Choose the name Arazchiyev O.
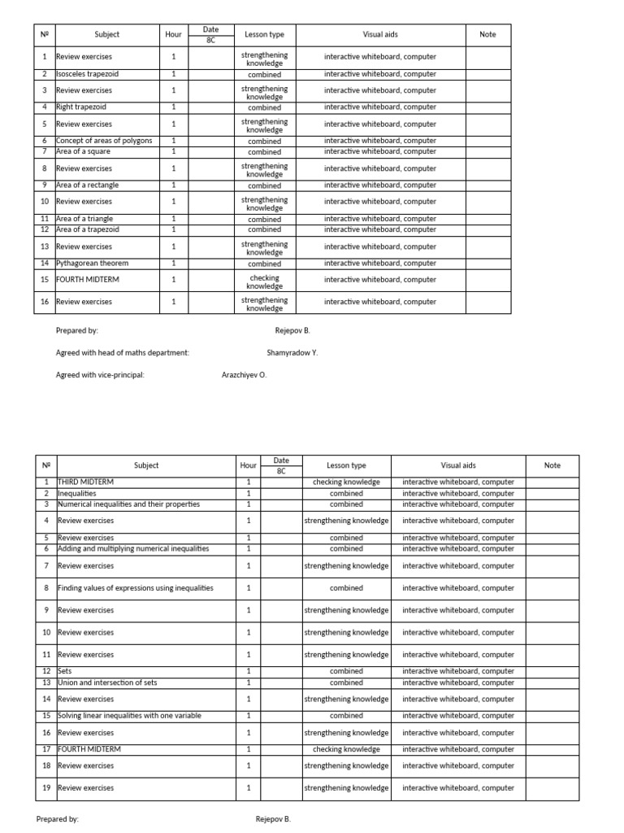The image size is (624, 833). pyautogui.click(x=244, y=375)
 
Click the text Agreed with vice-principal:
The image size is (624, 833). pyautogui.click(x=100, y=375)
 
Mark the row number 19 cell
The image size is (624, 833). pyautogui.click(x=46, y=788)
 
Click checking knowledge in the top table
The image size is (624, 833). pyautogui.click(x=264, y=281)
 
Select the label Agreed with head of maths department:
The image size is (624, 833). pyautogui.click(x=123, y=353)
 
